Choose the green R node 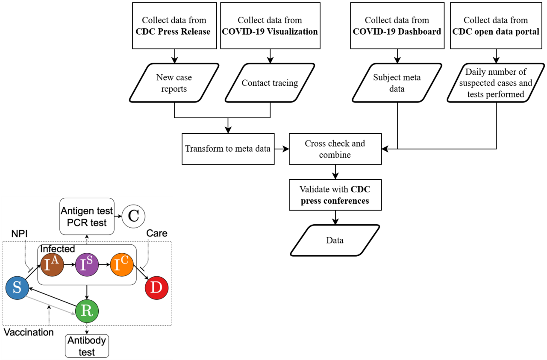coord(87,310)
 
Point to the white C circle coord(134,216)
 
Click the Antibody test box coord(87,345)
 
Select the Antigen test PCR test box coord(87,216)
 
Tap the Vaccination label coord(29,332)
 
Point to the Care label coord(156,233)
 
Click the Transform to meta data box coord(228,149)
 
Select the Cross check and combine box coord(335,149)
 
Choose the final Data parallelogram coord(335,240)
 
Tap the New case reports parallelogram coord(174,83)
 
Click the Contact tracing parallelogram coord(270,83)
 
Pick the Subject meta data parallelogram coord(397,83)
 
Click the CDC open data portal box coord(496,26)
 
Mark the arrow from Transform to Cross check coord(282,149)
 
